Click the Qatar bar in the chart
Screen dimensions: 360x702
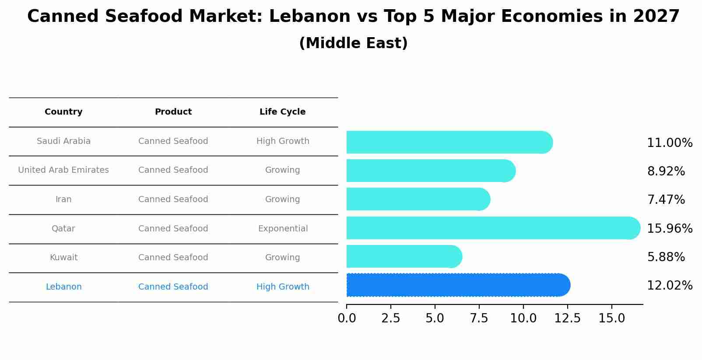coord(490,228)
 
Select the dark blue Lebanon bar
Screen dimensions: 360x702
coord(455,285)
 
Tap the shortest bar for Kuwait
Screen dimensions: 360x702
coord(403,256)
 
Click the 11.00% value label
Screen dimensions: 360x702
coord(669,143)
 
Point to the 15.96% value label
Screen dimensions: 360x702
coord(669,228)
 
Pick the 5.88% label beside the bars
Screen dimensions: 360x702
coord(666,257)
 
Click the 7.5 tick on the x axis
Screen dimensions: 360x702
coord(479,318)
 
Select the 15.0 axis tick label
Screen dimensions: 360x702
coord(611,318)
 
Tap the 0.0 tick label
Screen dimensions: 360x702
coord(347,318)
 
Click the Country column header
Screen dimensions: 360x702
coord(63,112)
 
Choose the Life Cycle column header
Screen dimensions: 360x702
coord(282,112)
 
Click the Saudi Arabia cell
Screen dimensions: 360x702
coord(63,141)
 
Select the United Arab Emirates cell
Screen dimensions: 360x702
coord(63,170)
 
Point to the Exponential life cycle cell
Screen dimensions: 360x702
coord(283,229)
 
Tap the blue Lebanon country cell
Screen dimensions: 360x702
coord(63,287)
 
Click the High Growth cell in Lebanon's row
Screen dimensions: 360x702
coord(283,287)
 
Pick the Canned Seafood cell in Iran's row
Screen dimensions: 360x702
coord(173,199)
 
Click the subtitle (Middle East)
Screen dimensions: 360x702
coord(353,43)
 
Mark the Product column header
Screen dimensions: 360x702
coord(173,112)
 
